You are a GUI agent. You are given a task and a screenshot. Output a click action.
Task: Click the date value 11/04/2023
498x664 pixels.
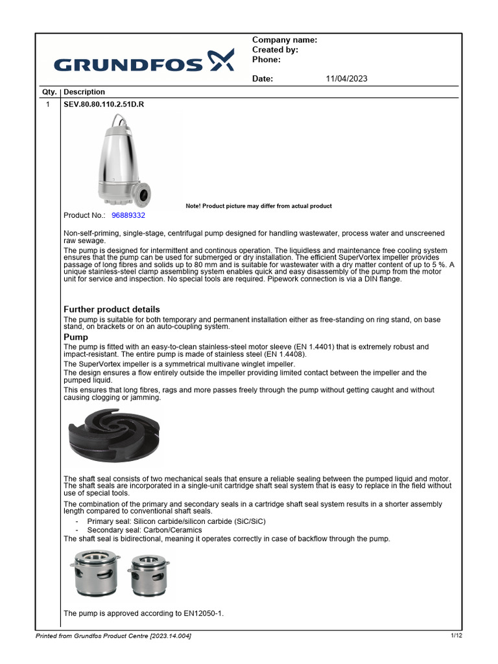[346, 78]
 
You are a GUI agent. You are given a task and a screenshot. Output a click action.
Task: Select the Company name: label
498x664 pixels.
[284, 40]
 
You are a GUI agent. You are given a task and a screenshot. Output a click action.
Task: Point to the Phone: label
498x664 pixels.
[266, 60]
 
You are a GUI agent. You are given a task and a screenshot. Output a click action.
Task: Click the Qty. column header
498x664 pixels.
[49, 92]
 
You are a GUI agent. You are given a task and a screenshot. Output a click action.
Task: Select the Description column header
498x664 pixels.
[84, 92]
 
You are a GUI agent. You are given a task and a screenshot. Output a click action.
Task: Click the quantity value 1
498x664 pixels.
[48, 103]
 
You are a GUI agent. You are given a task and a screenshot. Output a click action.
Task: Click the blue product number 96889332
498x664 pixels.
[128, 215]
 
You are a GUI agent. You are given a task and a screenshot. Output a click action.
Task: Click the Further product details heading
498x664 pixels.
[112, 309]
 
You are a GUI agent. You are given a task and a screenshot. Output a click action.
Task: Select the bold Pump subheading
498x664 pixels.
[76, 337]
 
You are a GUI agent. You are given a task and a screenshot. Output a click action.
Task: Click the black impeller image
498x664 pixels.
[114, 436]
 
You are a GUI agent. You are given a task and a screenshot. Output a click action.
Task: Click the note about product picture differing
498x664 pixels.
[258, 206]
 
